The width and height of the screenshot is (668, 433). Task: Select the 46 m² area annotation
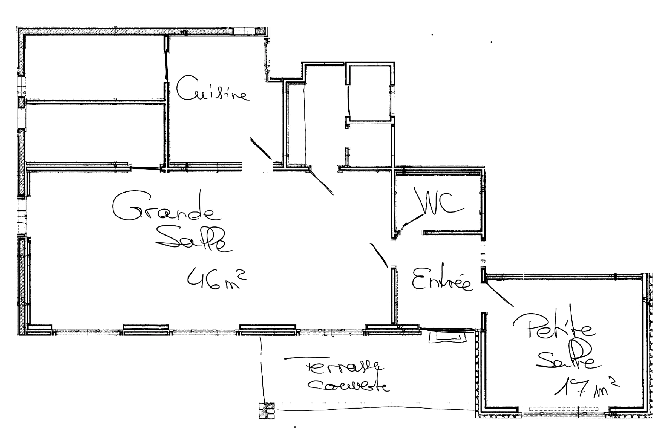[217, 280]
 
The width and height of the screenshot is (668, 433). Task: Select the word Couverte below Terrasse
[348, 386]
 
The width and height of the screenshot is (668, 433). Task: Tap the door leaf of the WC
[411, 221]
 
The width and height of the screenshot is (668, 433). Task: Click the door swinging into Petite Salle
[500, 295]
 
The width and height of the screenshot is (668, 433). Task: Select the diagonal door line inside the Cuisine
[260, 148]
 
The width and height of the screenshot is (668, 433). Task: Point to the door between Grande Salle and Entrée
[379, 255]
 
